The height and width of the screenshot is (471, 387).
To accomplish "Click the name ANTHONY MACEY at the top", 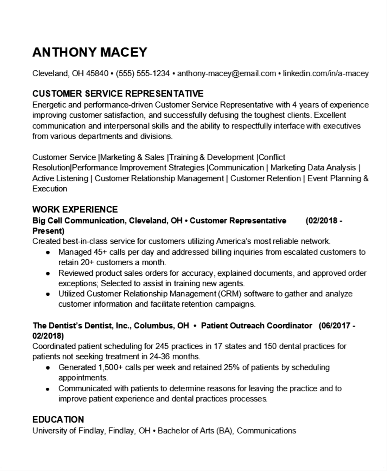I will click(x=90, y=52).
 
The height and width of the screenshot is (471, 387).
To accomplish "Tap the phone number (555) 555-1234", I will click(x=143, y=74).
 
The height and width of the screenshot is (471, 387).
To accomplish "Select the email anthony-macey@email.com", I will click(x=226, y=74).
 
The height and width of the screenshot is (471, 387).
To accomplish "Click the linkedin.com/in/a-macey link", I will click(x=326, y=74).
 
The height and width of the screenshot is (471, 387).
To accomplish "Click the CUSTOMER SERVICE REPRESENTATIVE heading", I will click(x=118, y=94).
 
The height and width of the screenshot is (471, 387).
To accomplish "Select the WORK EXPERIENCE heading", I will click(x=75, y=209).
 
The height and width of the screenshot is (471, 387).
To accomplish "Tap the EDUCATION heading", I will click(x=58, y=419).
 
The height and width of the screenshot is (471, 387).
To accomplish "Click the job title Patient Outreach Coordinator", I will click(x=256, y=326).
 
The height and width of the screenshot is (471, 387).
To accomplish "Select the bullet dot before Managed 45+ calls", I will click(x=48, y=253).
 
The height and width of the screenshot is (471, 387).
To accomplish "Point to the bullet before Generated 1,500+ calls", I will click(x=48, y=368).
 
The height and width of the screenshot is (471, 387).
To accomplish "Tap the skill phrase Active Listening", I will click(x=60, y=178).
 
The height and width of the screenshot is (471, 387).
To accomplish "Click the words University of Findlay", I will click(x=69, y=431).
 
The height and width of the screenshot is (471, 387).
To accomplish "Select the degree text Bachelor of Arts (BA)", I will click(x=196, y=431).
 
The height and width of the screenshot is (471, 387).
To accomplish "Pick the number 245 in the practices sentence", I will click(x=162, y=347).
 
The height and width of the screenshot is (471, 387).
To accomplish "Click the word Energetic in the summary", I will click(x=49, y=105).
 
